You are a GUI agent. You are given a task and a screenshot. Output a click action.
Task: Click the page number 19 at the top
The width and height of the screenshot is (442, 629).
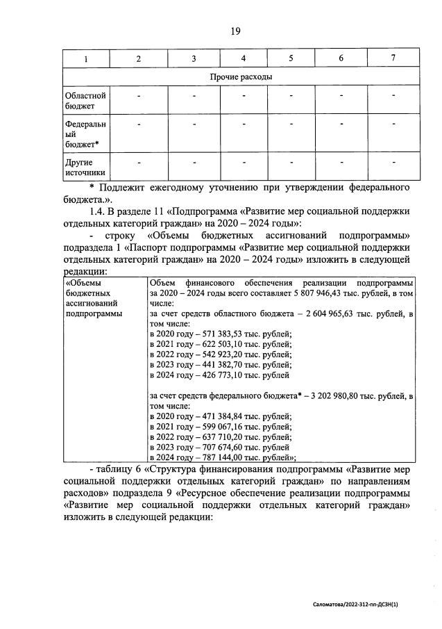point(235,31)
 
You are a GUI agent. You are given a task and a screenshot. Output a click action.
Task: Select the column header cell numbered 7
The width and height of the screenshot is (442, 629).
point(393,58)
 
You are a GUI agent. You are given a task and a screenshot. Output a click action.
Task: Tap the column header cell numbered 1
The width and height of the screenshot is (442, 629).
point(85,58)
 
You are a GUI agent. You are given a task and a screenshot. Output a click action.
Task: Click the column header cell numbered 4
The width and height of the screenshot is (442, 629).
point(243,58)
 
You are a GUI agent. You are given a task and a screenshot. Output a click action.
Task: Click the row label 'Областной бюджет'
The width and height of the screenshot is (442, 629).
point(85,100)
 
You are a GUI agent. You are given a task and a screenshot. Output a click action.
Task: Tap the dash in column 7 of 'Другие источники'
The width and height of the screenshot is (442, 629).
point(393,163)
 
